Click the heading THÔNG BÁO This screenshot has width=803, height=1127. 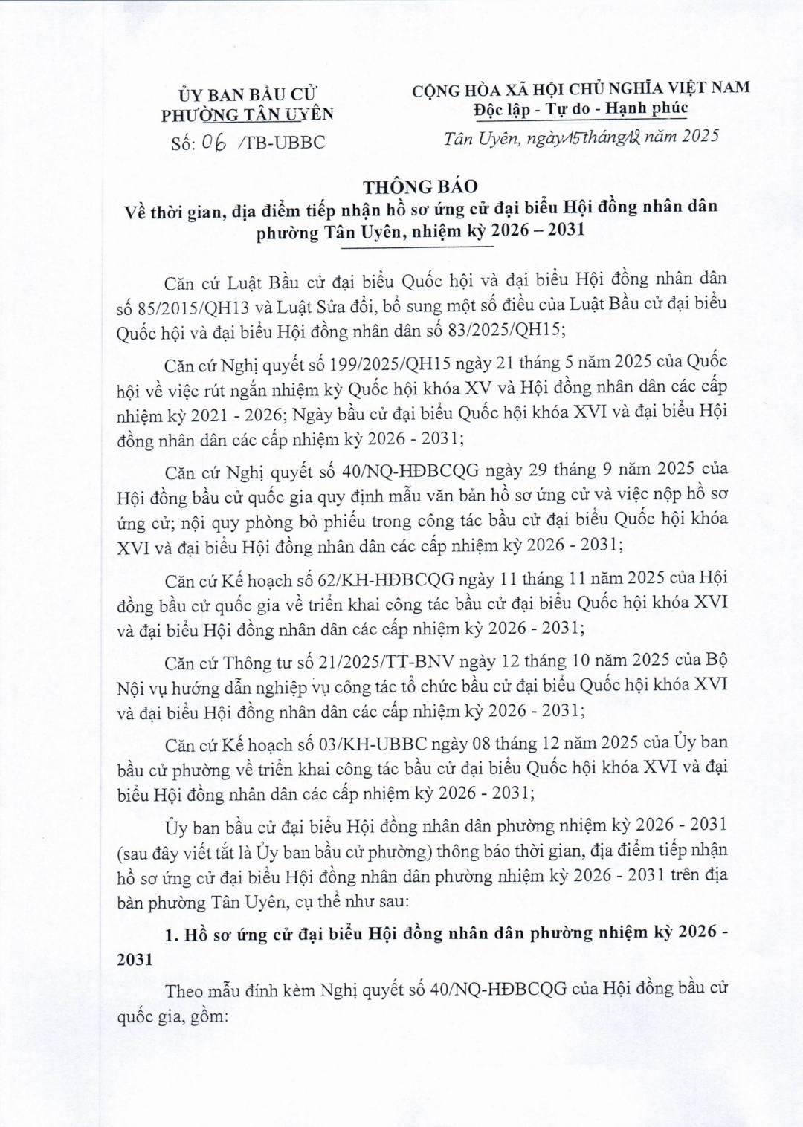pos(421,186)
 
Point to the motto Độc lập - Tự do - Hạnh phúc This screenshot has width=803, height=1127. pos(581,108)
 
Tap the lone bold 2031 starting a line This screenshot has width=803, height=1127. pos(136,958)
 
